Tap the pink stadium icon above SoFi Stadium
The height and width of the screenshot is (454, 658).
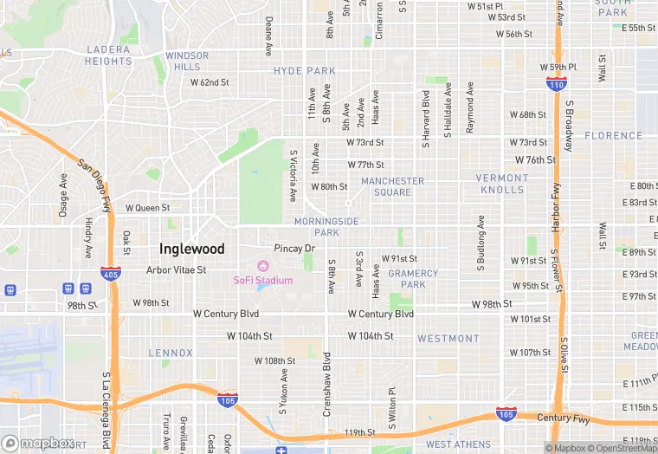click(263, 265)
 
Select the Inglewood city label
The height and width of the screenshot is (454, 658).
click(191, 249)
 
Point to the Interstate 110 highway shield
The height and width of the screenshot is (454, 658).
click(557, 83)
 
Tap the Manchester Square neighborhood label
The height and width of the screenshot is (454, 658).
click(392, 186)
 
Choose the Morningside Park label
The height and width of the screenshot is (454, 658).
click(326, 227)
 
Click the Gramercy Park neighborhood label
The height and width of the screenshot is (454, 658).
click(413, 278)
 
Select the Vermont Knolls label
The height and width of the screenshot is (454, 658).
click(501, 184)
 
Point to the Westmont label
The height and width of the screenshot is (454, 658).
click(448, 338)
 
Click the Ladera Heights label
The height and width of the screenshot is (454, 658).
click(108, 55)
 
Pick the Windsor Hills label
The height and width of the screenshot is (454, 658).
click(186, 61)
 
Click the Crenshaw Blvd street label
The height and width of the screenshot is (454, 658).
click(327, 384)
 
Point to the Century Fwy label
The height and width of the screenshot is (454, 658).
click(564, 418)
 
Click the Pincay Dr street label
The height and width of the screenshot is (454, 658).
click(294, 248)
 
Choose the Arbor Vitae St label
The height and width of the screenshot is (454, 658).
click(176, 269)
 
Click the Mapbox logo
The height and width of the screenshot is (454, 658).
click(39, 443)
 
